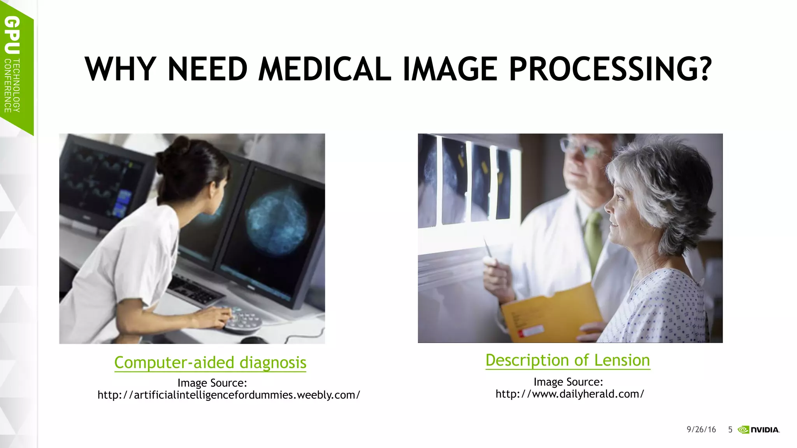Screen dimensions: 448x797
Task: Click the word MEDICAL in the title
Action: pyautogui.click(x=325, y=69)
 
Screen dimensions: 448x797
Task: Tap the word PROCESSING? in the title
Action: pyautogui.click(x=610, y=69)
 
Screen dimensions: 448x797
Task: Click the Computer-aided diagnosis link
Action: pyautogui.click(x=210, y=362)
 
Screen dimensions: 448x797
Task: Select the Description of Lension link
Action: pyautogui.click(x=568, y=360)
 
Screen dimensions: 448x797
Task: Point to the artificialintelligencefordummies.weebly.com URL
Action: pyautogui.click(x=229, y=395)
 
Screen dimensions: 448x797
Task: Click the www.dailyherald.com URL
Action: pyautogui.click(x=570, y=394)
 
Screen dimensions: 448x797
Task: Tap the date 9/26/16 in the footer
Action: pyautogui.click(x=701, y=429)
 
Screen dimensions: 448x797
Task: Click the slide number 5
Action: pyautogui.click(x=730, y=429)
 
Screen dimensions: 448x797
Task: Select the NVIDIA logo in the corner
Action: pyautogui.click(x=758, y=430)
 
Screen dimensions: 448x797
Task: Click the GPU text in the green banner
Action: pyautogui.click(x=12, y=35)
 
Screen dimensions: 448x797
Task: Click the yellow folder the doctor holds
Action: pyautogui.click(x=553, y=311)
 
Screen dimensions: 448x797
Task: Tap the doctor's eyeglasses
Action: pyautogui.click(x=580, y=147)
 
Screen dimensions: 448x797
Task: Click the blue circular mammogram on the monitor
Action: pyautogui.click(x=277, y=222)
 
